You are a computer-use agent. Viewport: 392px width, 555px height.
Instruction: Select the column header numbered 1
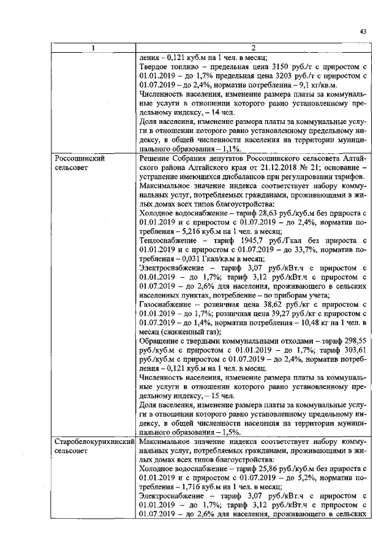pyautogui.click(x=93, y=48)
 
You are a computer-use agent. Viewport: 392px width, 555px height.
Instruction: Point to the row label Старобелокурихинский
pyautogui.click(x=93, y=442)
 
